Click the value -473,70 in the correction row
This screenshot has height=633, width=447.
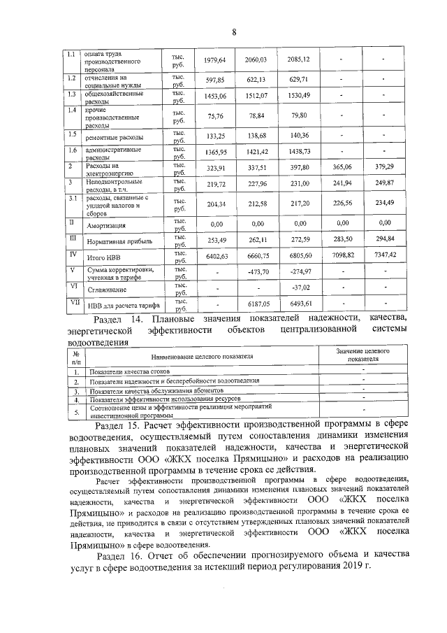[257, 271]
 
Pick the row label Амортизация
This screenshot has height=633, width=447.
[105, 227]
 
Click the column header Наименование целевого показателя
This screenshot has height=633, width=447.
[201, 357]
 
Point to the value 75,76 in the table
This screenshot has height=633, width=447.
[215, 116]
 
